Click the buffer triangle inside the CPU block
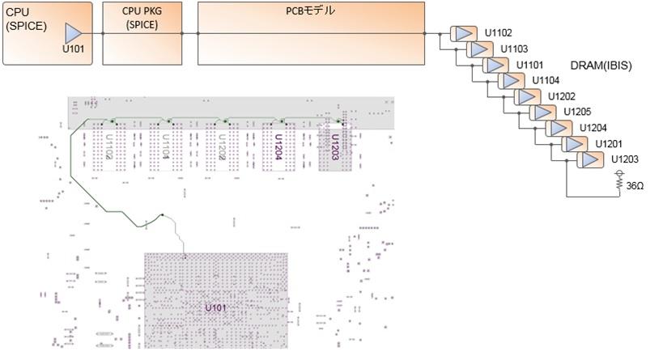pos(74,33)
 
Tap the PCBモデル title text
pos(311,11)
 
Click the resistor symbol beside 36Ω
pos(619,184)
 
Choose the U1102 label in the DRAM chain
pos(498,33)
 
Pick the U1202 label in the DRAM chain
pos(561,96)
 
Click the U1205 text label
pos(577,112)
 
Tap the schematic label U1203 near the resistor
pos(625,159)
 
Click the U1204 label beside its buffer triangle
pos(593,128)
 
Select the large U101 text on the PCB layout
pos(216,308)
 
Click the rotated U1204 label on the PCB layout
pos(278,146)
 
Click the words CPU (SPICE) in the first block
pos(27,19)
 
